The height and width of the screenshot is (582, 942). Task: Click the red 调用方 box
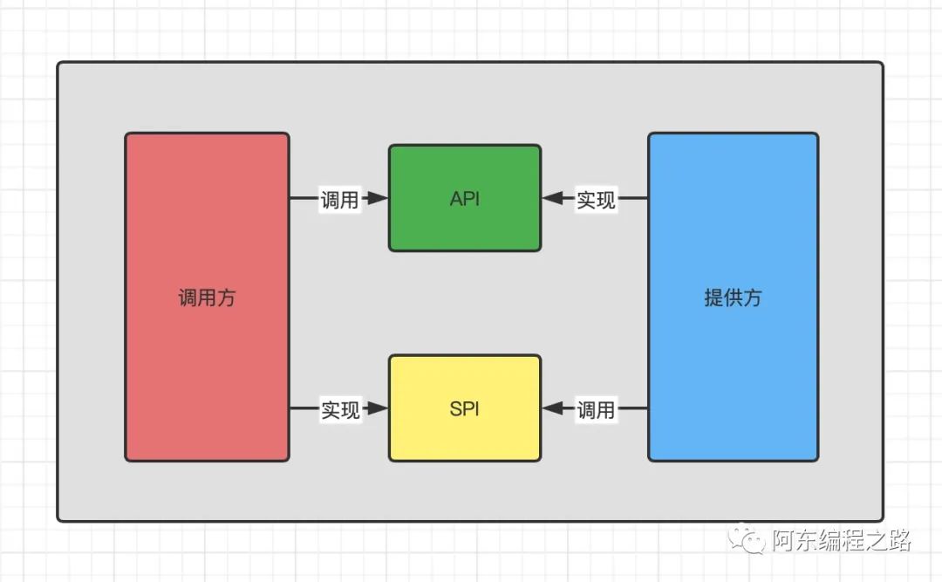pyautogui.click(x=207, y=366)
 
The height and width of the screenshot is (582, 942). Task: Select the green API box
pyautogui.click(x=464, y=227)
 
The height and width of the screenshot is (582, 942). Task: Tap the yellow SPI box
pyautogui.click(x=464, y=436)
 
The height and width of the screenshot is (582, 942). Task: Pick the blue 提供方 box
pyautogui.click(x=733, y=375)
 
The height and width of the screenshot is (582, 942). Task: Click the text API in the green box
pyautogui.click(x=464, y=199)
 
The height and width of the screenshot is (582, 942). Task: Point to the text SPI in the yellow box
pyautogui.click(x=464, y=408)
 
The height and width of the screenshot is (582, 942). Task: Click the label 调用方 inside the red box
pyautogui.click(x=207, y=298)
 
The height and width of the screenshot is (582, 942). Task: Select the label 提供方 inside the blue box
pyautogui.click(x=733, y=298)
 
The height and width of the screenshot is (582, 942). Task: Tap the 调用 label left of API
pyautogui.click(x=339, y=200)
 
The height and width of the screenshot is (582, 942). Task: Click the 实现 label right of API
pyautogui.click(x=596, y=200)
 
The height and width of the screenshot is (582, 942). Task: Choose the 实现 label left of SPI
pyautogui.click(x=340, y=409)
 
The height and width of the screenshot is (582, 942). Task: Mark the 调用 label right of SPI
pyautogui.click(x=596, y=409)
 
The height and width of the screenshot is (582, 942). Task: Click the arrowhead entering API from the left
pyautogui.click(x=377, y=199)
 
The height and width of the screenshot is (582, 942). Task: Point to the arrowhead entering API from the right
pyautogui.click(x=553, y=199)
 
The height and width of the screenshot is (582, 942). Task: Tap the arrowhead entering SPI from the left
pyautogui.click(x=377, y=408)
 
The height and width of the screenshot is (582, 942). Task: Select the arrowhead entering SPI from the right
pyautogui.click(x=553, y=408)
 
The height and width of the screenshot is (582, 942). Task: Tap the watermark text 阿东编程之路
pyautogui.click(x=841, y=540)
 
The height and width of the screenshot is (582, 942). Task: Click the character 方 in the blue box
pyautogui.click(x=752, y=298)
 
